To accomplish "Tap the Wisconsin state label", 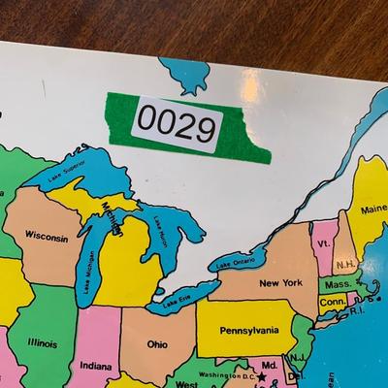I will point(46,236).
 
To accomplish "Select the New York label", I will point(279,283).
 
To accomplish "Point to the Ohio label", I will point(157,343).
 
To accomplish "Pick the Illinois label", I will point(42,341).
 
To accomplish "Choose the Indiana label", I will point(95,366).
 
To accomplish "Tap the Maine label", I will point(372,209).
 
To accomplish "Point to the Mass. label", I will point(339,284).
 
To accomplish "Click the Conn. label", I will point(332,302).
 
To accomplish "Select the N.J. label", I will point(299,357).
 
